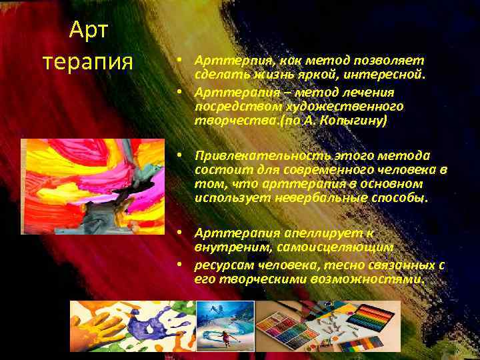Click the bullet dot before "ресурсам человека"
click(x=179, y=265)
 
